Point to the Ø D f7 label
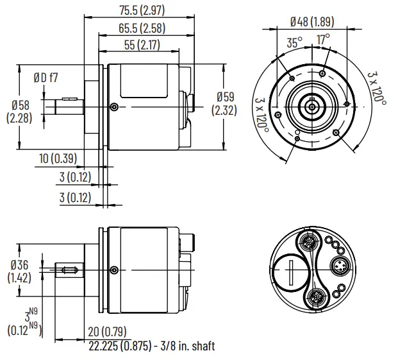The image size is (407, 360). point(46,78)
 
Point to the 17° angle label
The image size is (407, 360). point(324,39)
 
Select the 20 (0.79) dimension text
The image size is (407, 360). point(106,332)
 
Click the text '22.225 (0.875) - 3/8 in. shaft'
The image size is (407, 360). point(151,346)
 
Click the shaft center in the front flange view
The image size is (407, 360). point(311,103)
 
